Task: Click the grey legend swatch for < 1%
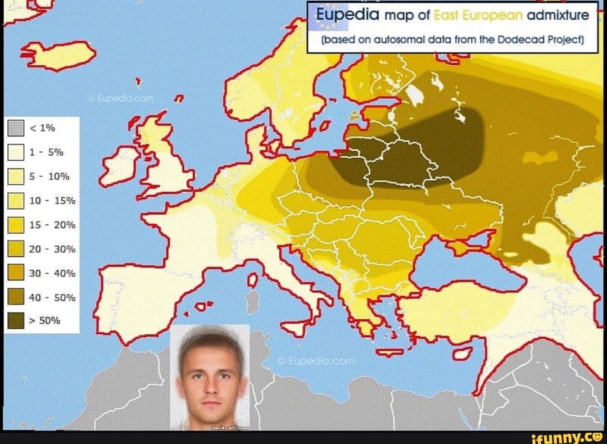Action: pyautogui.click(x=16, y=128)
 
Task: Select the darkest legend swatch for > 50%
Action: pyautogui.click(x=16, y=320)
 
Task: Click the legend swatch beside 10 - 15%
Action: pyautogui.click(x=16, y=200)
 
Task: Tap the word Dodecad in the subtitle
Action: pyautogui.click(x=517, y=40)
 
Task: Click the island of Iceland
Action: pyautogui.click(x=59, y=55)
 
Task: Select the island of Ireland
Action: pyautogui.click(x=119, y=166)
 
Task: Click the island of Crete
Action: pyautogui.click(x=390, y=353)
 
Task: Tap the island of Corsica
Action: pyautogui.click(x=253, y=279)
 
